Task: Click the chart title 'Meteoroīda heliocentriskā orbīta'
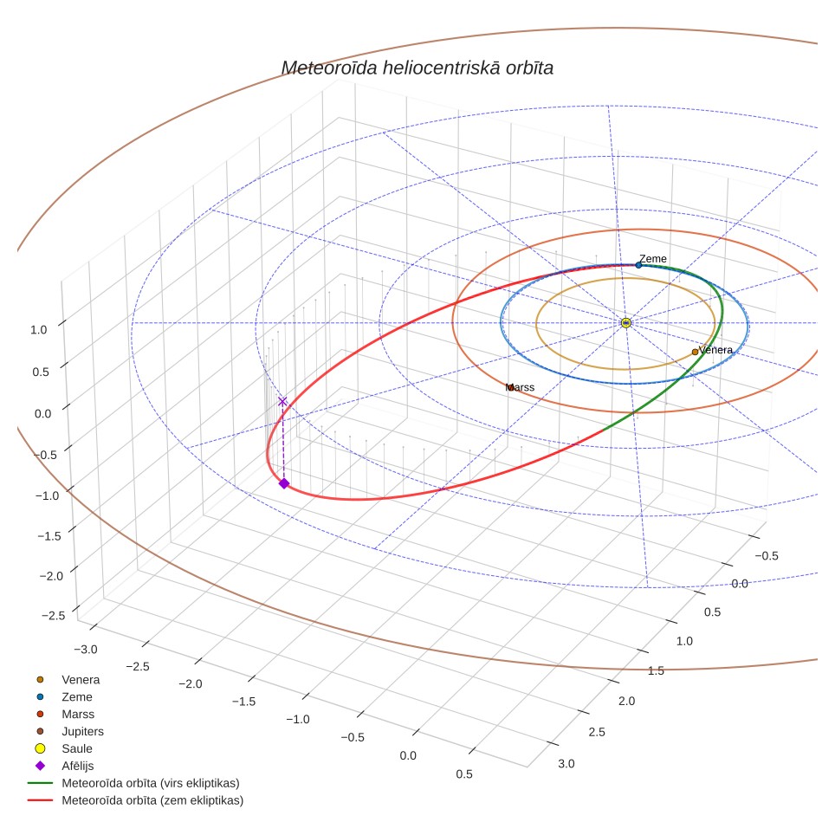click(x=417, y=68)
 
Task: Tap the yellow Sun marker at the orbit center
click(x=625, y=323)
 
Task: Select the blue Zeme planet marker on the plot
click(x=638, y=265)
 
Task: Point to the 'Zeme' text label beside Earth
click(x=653, y=258)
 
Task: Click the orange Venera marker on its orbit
click(x=695, y=352)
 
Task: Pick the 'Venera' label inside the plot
click(x=715, y=350)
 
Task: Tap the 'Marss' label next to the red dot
click(x=520, y=387)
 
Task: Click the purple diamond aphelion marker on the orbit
click(x=284, y=483)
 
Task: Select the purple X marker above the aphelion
click(x=282, y=402)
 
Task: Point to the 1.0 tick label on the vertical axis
click(x=39, y=330)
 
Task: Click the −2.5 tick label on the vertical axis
click(x=53, y=615)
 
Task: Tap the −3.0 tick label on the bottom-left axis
click(x=85, y=649)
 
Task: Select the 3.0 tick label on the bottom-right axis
click(x=566, y=764)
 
